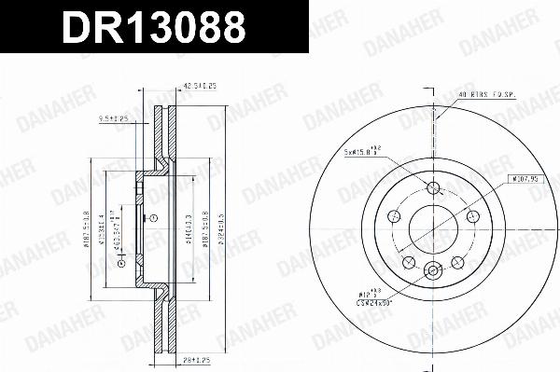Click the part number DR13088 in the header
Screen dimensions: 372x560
point(154,27)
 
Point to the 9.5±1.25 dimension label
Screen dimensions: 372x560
point(115,118)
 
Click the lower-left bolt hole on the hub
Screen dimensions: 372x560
point(409,262)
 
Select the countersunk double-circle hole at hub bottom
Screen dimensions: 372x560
point(432,271)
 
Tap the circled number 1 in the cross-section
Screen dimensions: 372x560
point(154,218)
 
